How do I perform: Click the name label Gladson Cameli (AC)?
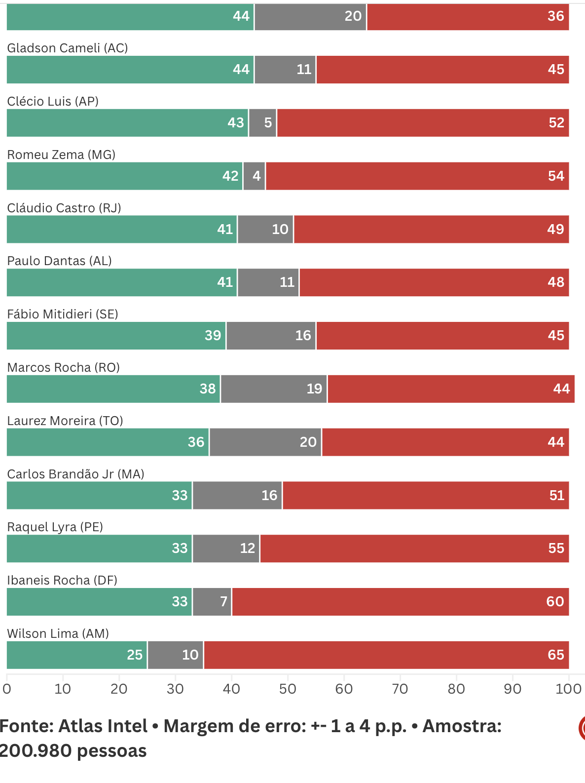tap(68, 48)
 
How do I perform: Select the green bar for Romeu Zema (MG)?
tap(124, 176)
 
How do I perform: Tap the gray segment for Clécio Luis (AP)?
tap(262, 123)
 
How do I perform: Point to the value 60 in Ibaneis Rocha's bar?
tap(555, 601)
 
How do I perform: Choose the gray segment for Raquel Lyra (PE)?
tap(226, 548)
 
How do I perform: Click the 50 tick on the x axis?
tap(288, 689)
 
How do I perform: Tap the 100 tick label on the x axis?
tap(568, 689)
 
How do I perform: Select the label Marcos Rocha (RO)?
tap(64, 367)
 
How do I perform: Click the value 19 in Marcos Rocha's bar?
tap(314, 389)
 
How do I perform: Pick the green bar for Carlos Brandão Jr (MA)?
tap(99, 495)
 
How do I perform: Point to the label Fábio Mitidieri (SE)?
tap(63, 314)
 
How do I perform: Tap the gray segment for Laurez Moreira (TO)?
tap(265, 442)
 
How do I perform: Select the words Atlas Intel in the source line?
tap(103, 726)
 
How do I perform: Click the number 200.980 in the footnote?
tap(36, 751)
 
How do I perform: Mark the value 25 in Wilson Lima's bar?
tap(135, 655)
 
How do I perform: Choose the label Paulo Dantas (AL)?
tap(59, 261)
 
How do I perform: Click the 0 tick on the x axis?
tap(7, 689)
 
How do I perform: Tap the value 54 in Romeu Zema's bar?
tap(556, 176)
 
